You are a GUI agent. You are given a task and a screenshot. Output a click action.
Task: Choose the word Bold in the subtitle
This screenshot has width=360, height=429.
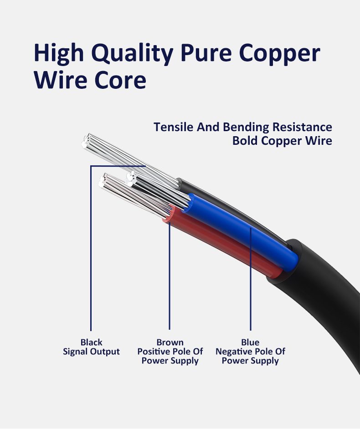[x=245, y=141]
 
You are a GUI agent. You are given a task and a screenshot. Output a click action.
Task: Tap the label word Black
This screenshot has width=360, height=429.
[x=91, y=342]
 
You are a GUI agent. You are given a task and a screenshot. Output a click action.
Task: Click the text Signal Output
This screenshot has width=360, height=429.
[x=91, y=352]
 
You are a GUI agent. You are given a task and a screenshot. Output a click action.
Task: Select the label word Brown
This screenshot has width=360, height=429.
[x=170, y=342]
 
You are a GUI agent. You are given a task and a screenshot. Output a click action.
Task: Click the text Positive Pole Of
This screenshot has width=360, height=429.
[x=170, y=352]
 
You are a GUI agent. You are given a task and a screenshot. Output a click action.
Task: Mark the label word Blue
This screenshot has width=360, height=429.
[x=250, y=342]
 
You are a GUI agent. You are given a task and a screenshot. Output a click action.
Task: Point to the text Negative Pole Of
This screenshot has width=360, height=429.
[x=250, y=352]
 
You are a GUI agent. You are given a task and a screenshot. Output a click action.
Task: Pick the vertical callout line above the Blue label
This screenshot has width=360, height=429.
[x=251, y=282]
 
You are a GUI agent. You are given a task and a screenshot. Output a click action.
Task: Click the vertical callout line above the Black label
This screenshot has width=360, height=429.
[x=91, y=250]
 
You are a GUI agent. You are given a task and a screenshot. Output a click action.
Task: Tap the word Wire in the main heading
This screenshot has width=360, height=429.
[x=62, y=80]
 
